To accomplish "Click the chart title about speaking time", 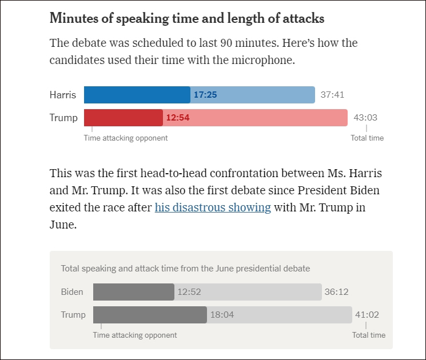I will coord(187,18).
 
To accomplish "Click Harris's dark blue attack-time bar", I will coord(137,95).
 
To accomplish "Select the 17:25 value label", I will coord(205,95).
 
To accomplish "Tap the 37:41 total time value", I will coord(332,95).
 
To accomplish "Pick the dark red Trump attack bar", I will coord(123,118).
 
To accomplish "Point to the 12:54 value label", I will coord(177,118).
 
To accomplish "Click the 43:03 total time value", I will coord(365,118).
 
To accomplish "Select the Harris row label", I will coord(63,95).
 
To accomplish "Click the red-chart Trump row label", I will coord(63,118).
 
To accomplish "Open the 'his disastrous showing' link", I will coord(213,207).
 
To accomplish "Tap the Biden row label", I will coord(72,291).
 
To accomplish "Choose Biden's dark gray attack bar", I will coord(133,291).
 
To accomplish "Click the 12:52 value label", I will coord(189,291).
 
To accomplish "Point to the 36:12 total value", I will coord(336,291).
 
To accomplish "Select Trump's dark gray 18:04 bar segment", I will coord(150,315).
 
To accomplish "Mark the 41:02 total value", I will coord(367,315).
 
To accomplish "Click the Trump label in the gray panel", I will coord(73,315).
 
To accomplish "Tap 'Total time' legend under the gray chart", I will coord(368,335).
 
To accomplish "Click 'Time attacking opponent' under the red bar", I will coord(126,138).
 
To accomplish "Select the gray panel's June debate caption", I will coord(185,268).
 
